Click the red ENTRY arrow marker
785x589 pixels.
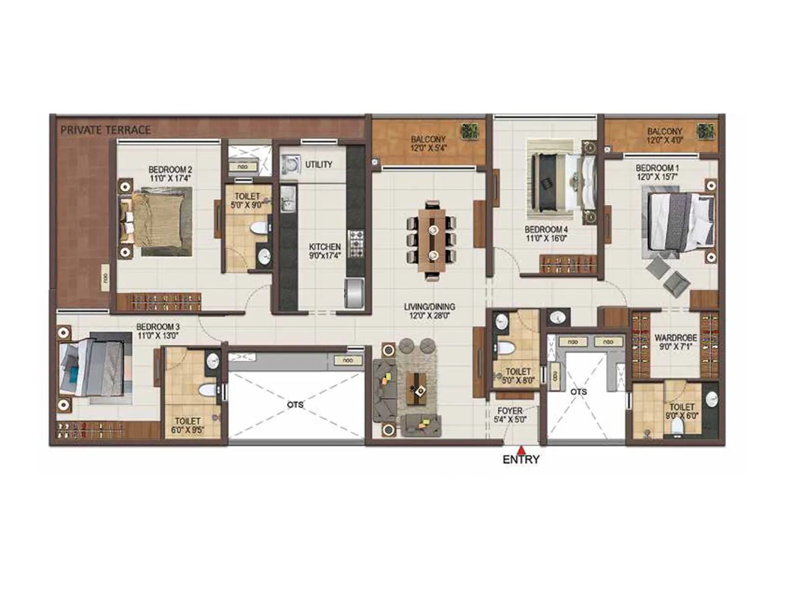(x=521, y=449)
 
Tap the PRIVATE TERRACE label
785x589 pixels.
(x=105, y=130)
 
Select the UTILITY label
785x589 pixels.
(x=319, y=164)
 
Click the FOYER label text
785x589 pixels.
(x=510, y=411)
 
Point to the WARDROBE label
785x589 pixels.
(x=676, y=338)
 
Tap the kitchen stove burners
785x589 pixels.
(x=356, y=243)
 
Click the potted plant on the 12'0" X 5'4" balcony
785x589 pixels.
(x=469, y=131)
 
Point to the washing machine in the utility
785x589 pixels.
(x=290, y=164)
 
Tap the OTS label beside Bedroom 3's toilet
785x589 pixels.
(x=295, y=405)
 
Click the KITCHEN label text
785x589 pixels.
(x=325, y=247)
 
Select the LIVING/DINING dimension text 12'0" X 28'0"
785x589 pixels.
(x=429, y=316)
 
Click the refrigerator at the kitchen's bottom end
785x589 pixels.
(x=354, y=293)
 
